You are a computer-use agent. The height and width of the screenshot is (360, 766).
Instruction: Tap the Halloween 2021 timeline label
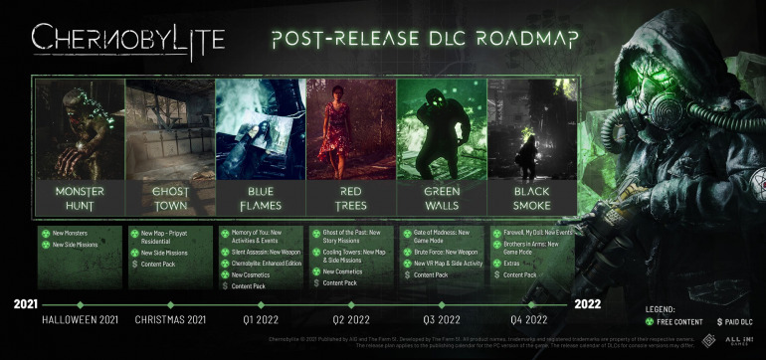coord(81,319)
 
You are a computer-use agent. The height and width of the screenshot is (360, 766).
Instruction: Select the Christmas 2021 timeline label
coord(170,319)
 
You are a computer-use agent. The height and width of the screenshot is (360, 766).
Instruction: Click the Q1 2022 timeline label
coord(261,319)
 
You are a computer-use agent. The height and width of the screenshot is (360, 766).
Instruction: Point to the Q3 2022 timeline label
coord(442,319)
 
